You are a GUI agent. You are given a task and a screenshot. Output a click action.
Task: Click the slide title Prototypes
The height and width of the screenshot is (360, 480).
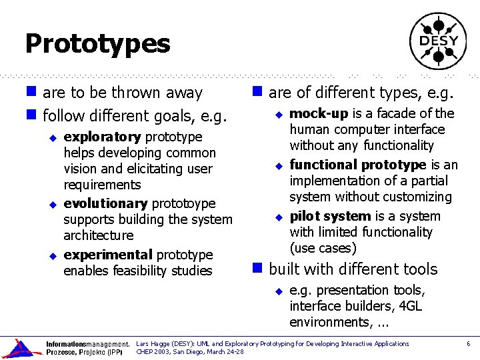pyautogui.click(x=97, y=44)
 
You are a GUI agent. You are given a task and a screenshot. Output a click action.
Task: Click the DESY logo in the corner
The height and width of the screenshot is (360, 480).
pyautogui.click(x=438, y=41)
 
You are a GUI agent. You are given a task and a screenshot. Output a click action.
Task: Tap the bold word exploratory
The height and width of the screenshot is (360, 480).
pyautogui.click(x=102, y=137)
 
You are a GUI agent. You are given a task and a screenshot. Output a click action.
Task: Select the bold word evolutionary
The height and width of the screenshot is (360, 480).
pyautogui.click(x=105, y=203)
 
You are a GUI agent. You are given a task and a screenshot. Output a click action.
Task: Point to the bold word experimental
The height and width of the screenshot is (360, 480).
pyautogui.click(x=109, y=255)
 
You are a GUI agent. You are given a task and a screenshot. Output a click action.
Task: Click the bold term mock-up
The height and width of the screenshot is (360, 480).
pyautogui.click(x=319, y=113)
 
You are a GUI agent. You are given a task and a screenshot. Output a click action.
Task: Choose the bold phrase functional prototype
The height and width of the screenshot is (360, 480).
pyautogui.click(x=357, y=165)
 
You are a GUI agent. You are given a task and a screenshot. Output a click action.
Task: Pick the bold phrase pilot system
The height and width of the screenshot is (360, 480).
pyautogui.click(x=330, y=216)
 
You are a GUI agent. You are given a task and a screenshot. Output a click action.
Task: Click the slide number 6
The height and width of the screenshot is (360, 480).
pyautogui.click(x=468, y=344)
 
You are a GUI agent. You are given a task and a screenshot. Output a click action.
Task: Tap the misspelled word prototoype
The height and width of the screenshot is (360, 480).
pyautogui.click(x=184, y=203)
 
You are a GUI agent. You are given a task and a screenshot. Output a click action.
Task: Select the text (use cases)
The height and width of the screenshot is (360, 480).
pyautogui.click(x=323, y=248)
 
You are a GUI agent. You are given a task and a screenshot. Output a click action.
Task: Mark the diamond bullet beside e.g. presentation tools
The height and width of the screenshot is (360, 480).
pyautogui.click(x=280, y=291)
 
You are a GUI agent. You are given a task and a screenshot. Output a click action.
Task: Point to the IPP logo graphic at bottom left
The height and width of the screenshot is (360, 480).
pyautogui.click(x=20, y=349)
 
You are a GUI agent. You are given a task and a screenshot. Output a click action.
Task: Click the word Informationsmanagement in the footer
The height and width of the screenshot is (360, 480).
pyautogui.click(x=87, y=345)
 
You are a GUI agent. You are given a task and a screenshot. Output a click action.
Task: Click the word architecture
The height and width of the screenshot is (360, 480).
pyautogui.click(x=99, y=235)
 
